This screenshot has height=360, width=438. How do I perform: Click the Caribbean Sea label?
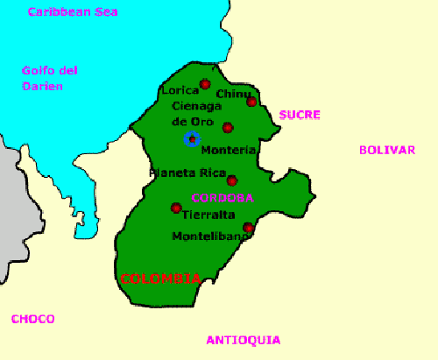click(73, 12)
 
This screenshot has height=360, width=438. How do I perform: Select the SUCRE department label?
click(300, 115)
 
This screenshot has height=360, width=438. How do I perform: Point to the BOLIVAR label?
click(386, 150)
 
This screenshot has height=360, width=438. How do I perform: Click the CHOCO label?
click(32, 319)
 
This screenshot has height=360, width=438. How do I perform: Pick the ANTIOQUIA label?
click(243, 340)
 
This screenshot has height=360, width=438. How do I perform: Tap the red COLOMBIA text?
click(160, 279)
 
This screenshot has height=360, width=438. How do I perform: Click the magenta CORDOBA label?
click(223, 197)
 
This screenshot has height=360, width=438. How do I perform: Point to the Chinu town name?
click(233, 94)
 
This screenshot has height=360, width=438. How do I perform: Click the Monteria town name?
click(229, 151)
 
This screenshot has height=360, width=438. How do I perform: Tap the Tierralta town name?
click(203, 215)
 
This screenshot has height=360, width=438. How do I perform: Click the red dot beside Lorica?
click(205, 84)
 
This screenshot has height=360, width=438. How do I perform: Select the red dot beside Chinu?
click(251, 102)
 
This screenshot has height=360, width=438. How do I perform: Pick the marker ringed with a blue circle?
click(192, 138)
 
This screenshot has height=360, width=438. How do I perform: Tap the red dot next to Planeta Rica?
click(232, 180)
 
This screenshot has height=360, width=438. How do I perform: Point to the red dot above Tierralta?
click(176, 208)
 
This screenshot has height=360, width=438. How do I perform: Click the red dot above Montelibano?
click(248, 228)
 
